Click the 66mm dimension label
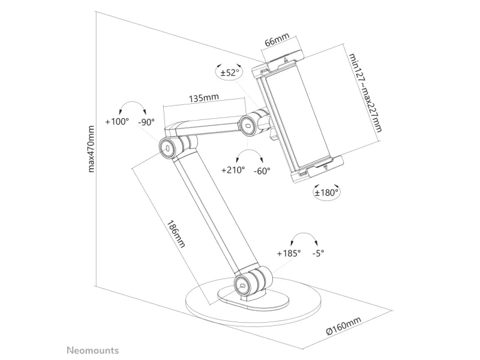[x=277, y=40]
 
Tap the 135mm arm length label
[x=204, y=98]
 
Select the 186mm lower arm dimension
[x=176, y=234]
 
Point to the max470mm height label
[x=91, y=149]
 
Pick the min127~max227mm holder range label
[x=366, y=93]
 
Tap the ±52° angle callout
[x=230, y=73]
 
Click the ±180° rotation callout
[x=326, y=193]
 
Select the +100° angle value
[x=117, y=122]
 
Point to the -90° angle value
[x=146, y=122]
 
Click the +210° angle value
[x=233, y=170]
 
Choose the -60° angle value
[x=262, y=171]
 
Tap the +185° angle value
[x=289, y=253]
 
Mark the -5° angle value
[x=319, y=253]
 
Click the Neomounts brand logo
[x=93, y=350]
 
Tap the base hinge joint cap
[x=243, y=286]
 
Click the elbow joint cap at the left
[x=167, y=148]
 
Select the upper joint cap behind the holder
[x=248, y=125]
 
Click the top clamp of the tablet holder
[x=277, y=64]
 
